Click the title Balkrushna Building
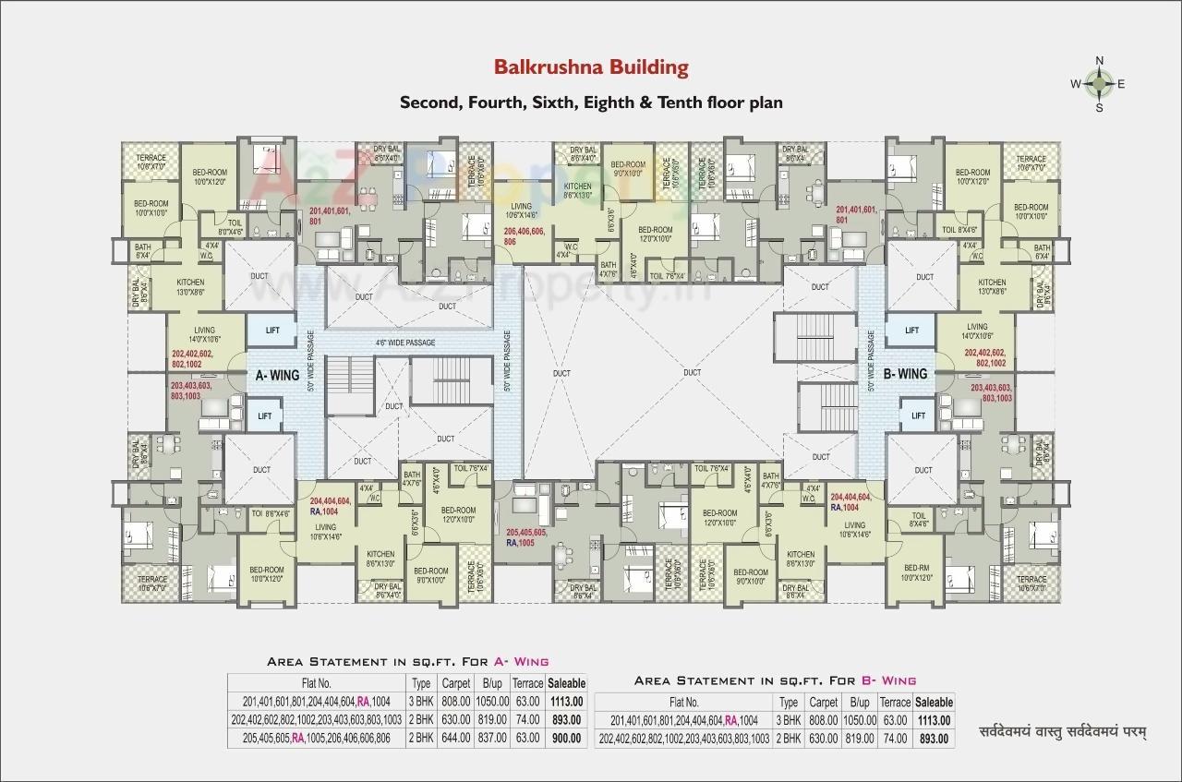pyautogui.click(x=591, y=67)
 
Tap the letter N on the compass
pyautogui.click(x=1099, y=61)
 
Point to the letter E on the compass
pyautogui.click(x=1121, y=84)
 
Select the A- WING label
pyautogui.click(x=275, y=376)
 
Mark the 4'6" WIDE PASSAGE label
pyautogui.click(x=404, y=343)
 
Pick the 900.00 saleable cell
pyautogui.click(x=566, y=738)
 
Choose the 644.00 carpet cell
pyautogui.click(x=456, y=738)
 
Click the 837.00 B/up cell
pyautogui.click(x=490, y=738)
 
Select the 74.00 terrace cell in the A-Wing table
pyautogui.click(x=527, y=719)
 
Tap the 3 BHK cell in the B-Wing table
pyautogui.click(x=789, y=720)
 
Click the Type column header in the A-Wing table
pyautogui.click(x=421, y=683)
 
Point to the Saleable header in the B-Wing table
pyautogui.click(x=934, y=703)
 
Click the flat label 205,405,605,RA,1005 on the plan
pyautogui.click(x=526, y=538)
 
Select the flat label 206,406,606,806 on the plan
pyautogui.click(x=523, y=235)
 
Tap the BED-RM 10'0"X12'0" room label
pyautogui.click(x=916, y=572)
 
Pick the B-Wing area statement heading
pyautogui.click(x=775, y=680)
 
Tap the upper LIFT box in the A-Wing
pyautogui.click(x=271, y=330)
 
